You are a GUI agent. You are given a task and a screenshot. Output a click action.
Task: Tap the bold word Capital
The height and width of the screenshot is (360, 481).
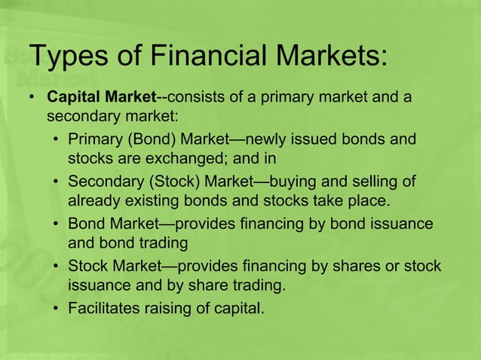pyautogui.click(x=72, y=99)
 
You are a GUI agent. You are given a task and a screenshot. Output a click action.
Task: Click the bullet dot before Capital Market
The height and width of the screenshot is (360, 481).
pyautogui.click(x=32, y=99)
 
